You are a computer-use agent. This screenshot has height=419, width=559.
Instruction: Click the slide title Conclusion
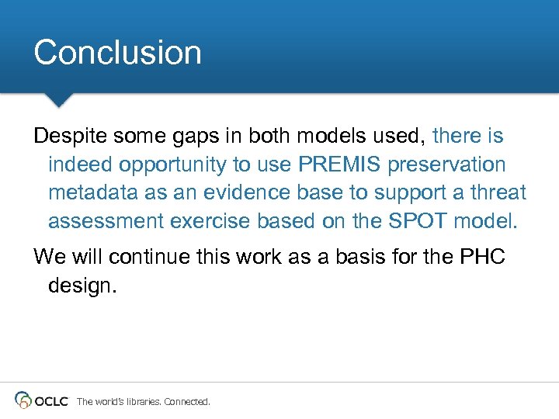(117, 53)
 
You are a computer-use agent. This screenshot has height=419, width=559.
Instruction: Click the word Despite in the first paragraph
(71, 137)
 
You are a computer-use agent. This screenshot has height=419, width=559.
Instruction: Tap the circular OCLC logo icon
(24, 400)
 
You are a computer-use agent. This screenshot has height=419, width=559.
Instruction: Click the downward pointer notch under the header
(58, 100)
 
